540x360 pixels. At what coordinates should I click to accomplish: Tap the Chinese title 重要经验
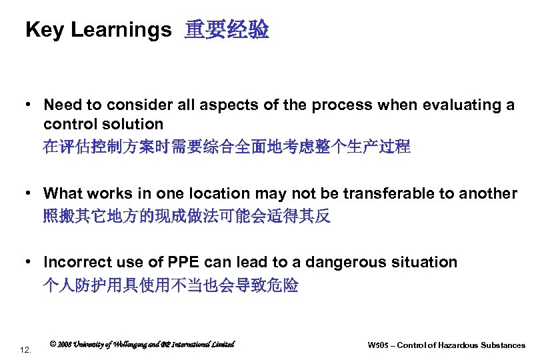click(227, 30)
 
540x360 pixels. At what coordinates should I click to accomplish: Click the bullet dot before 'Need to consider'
click(30, 105)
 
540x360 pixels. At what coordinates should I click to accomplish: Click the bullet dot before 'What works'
click(30, 194)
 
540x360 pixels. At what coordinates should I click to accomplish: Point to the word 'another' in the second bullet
click(487, 193)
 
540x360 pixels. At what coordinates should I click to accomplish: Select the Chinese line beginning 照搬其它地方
click(187, 217)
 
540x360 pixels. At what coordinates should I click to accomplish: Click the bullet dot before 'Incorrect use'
click(30, 263)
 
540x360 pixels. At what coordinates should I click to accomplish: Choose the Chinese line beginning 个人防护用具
click(171, 285)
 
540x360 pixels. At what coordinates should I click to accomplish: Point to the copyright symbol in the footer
click(53, 344)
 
